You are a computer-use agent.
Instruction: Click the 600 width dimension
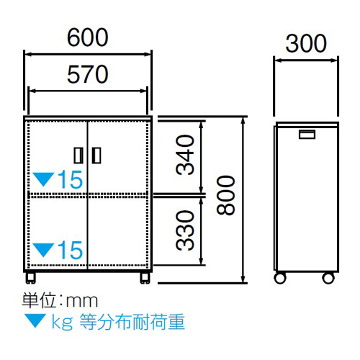pyautogui.click(x=88, y=37)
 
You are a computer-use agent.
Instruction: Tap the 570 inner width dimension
pyautogui.click(x=88, y=74)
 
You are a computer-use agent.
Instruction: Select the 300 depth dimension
pyautogui.click(x=306, y=43)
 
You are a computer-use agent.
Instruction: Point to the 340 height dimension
pyautogui.click(x=185, y=155)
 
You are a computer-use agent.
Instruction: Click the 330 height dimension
pyautogui.click(x=185, y=230)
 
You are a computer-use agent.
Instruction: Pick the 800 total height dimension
pyautogui.click(x=225, y=195)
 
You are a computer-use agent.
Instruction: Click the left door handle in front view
pyautogui.click(x=78, y=156)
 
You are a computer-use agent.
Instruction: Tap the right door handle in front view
pyautogui.click(x=96, y=156)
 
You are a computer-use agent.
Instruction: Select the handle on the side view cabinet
pyautogui.click(x=307, y=135)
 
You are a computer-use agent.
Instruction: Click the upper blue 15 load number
pyautogui.click(x=70, y=179)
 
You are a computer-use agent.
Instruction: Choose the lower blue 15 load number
pyautogui.click(x=70, y=250)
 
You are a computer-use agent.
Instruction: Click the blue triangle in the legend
pyautogui.click(x=35, y=321)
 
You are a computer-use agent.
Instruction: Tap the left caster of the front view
pyautogui.click(x=31, y=278)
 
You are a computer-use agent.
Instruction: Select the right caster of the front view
pyautogui.click(x=145, y=278)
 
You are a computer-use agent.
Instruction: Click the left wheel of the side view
pyautogui.click(x=280, y=279)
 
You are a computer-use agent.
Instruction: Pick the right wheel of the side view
pyautogui.click(x=328, y=279)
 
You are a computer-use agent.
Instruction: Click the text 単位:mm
pyautogui.click(x=60, y=300)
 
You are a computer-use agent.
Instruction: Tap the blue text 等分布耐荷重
pyautogui.click(x=132, y=322)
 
